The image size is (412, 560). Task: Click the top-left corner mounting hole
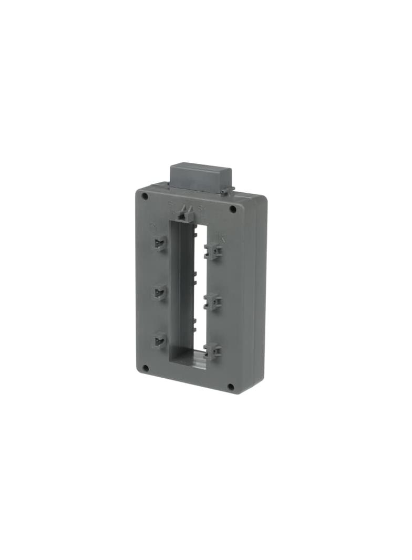coord(145,196)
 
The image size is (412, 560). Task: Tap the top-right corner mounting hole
coord(233,209)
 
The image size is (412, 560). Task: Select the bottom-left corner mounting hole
coord(146,368)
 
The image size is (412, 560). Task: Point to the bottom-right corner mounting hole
coord(230,387)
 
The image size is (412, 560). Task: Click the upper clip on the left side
coord(160,243)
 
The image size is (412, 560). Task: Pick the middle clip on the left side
coord(160,292)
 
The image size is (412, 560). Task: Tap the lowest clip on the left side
coord(160,340)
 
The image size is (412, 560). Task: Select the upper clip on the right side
coord(213,252)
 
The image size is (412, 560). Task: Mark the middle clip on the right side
coord(212,302)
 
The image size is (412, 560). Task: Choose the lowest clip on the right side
coord(212,350)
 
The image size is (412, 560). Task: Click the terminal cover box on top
coord(200,178)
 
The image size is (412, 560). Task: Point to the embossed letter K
coord(223,238)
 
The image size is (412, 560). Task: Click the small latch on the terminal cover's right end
coord(226,191)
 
